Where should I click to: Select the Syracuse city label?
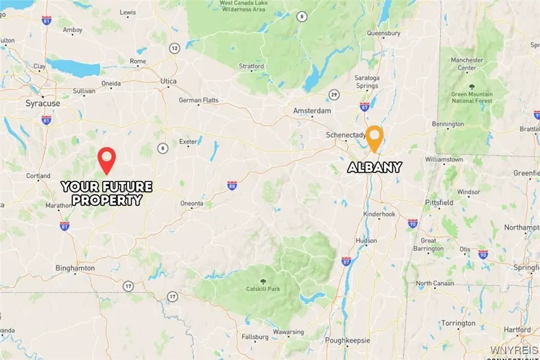coord(43,103)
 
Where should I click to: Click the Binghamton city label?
coord(75,268)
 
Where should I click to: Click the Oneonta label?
coord(191,203)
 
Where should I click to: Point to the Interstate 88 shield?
coord(232,186)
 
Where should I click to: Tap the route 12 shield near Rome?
coord(174,48)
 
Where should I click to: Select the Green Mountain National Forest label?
coord(472,98)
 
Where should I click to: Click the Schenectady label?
coord(346,135)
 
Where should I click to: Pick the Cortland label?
coord(38,176)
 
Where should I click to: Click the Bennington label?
coord(448,124)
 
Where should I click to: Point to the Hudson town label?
coord(366,241)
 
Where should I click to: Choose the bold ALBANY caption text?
coord(375,167)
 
